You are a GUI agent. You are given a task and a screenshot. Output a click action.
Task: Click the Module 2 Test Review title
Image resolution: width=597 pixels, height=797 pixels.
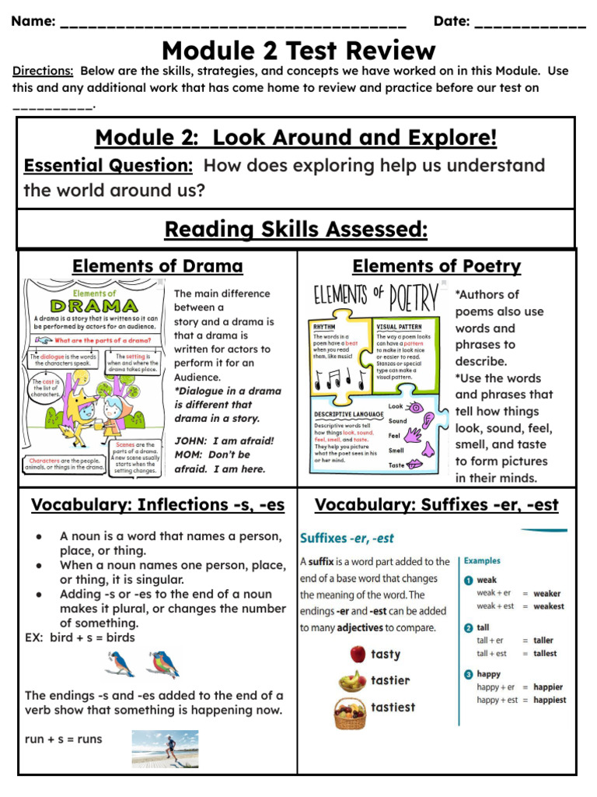pos(298,51)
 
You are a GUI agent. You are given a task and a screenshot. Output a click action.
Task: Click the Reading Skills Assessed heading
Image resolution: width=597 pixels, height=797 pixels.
pos(296,230)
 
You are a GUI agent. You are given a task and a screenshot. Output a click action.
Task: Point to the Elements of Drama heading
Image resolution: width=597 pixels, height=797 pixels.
pos(157,266)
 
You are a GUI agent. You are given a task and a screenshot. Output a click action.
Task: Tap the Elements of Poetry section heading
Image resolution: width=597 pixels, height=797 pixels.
pos(436,266)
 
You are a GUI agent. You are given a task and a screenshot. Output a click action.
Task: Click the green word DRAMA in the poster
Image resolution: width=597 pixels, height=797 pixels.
pos(96,306)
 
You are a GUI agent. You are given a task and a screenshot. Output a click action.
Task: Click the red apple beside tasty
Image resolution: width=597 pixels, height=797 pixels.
pos(357,654)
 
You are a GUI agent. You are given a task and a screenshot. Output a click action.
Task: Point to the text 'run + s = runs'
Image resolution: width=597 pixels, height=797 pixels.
pos(63,739)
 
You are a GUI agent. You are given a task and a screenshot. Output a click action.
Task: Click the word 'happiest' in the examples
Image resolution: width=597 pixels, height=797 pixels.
pos(550,700)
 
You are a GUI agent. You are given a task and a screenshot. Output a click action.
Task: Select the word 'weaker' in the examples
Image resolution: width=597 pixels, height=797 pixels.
pos(547,593)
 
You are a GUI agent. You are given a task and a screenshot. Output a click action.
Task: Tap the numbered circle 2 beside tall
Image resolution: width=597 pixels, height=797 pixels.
pos(469,627)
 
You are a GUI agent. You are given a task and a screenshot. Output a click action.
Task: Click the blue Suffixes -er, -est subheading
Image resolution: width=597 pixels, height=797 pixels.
pos(347,538)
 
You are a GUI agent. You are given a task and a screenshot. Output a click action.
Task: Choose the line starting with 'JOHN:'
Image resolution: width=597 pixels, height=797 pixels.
pos(224,441)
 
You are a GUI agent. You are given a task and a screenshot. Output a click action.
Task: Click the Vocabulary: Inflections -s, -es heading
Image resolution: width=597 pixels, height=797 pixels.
pos(158,505)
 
